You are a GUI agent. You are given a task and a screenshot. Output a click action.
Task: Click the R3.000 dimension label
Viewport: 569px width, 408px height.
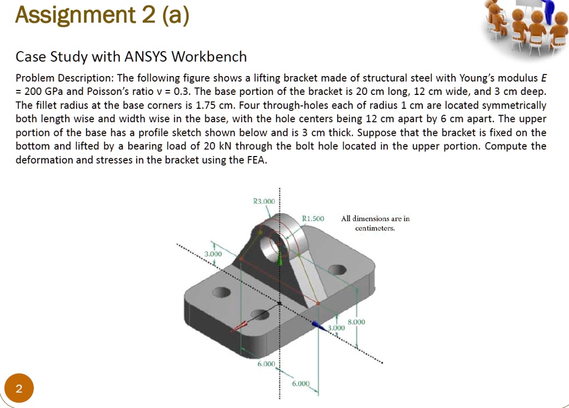(263, 202)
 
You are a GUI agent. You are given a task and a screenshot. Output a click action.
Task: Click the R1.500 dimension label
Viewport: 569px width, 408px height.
(312, 219)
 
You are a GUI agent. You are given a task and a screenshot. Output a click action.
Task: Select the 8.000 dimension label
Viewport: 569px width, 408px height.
(356, 321)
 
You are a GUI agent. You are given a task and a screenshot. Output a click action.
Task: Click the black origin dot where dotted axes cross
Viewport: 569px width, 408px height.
(279, 303)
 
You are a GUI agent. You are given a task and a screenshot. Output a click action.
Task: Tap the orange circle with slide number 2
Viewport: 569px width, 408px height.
(19, 389)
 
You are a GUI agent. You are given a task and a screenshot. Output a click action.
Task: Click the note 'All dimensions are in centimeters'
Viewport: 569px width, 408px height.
(375, 223)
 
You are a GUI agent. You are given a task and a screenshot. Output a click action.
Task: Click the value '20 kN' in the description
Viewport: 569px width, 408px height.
(216, 147)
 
